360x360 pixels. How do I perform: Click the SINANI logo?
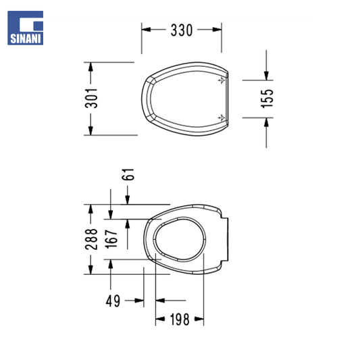(x=25, y=28)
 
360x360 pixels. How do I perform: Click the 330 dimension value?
(x=182, y=30)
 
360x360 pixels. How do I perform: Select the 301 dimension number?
(x=91, y=98)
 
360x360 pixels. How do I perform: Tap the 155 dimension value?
(x=267, y=99)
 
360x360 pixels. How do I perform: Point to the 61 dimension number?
(x=128, y=174)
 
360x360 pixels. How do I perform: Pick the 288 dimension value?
(x=91, y=239)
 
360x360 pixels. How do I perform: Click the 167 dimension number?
(x=111, y=239)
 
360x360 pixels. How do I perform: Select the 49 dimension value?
(x=113, y=301)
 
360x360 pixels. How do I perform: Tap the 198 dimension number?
(x=180, y=319)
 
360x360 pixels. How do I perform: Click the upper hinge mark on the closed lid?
(x=222, y=80)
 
